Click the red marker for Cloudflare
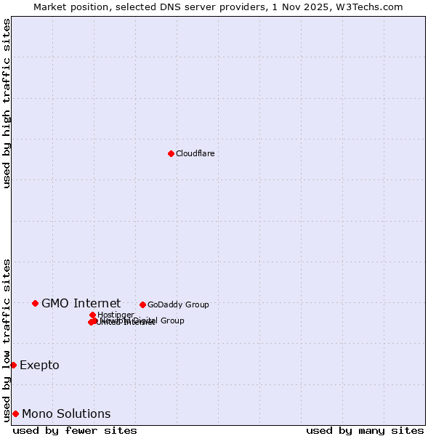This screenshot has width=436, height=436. coord(171,153)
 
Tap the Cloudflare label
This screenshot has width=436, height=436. coord(195,153)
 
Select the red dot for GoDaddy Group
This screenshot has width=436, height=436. coord(142,304)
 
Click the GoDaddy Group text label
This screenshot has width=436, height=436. coord(178,304)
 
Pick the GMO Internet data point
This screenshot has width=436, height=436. coord(35,303)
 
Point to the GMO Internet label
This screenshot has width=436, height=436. coord(81,303)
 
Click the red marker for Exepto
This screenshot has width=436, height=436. coord(13,365)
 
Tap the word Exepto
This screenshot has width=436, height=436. coord(39,365)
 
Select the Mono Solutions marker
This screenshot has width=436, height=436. coord(15,413)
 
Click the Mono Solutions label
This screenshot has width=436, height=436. coord(66,413)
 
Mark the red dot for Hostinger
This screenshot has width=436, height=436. coord(93,315)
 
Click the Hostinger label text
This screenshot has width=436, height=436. coord(116,315)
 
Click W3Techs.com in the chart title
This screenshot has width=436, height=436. coord(372,7)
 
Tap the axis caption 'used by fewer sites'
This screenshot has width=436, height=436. coord(75,430)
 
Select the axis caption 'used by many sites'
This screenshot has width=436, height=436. coord(365,430)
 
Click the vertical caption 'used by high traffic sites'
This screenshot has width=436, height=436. coord(7,103)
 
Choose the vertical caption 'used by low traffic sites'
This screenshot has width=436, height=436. coord(7,339)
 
